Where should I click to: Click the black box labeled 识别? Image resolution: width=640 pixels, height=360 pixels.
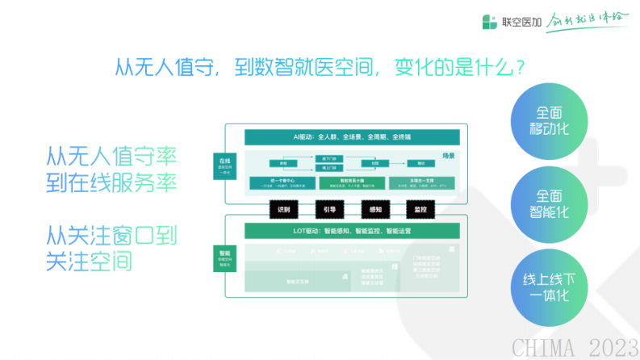[x=283, y=208]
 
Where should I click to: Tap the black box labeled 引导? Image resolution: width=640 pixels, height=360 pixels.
[x=329, y=208]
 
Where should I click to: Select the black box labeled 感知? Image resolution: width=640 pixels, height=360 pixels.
[x=375, y=208]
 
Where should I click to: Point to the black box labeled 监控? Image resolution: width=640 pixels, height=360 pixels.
[x=420, y=208]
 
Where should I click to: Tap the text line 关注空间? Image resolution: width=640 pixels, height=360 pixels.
[x=90, y=262]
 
